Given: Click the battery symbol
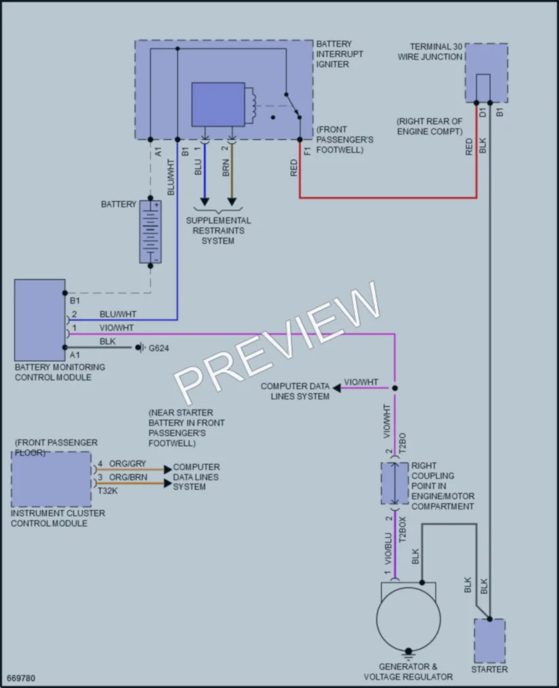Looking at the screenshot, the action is [x=150, y=232].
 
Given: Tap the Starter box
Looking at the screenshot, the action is [x=489, y=640].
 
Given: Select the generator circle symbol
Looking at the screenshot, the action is [x=408, y=619].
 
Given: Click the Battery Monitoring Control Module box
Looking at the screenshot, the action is [x=39, y=320].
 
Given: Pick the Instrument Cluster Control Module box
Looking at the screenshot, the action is [x=52, y=479].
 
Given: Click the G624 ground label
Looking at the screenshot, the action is [x=158, y=348].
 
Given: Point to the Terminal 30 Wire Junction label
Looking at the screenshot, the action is [x=430, y=52].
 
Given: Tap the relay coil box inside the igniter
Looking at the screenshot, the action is [x=218, y=105].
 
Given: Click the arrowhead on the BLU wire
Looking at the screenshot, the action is [x=204, y=202].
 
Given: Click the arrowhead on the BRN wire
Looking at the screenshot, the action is [x=232, y=202].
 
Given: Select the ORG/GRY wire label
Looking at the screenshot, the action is [x=127, y=464].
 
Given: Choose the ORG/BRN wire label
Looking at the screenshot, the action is [x=128, y=477].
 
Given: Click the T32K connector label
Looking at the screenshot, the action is [x=107, y=491].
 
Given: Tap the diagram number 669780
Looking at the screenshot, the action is [x=21, y=678].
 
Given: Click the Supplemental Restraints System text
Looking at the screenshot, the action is [x=218, y=231].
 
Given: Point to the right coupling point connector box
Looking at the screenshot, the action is [x=395, y=483].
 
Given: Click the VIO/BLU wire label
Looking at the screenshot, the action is [x=388, y=549].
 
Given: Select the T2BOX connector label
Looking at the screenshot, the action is [x=402, y=530].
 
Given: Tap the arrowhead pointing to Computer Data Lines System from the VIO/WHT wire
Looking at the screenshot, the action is [x=336, y=388].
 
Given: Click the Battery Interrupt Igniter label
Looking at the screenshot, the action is [x=340, y=54].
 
